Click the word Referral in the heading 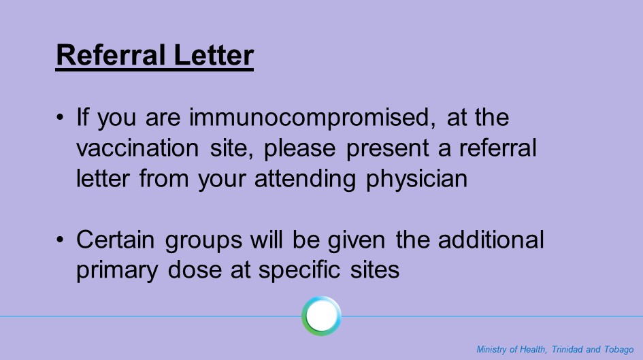(x=111, y=55)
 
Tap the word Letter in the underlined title (x=214, y=55)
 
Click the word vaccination (x=137, y=148)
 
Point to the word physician (x=416, y=180)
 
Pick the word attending (x=305, y=180)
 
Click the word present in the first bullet (x=387, y=149)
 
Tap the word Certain (x=115, y=240)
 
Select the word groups (x=203, y=241)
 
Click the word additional (x=491, y=240)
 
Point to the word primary (x=117, y=271)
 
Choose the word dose (x=195, y=269)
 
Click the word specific (x=299, y=271)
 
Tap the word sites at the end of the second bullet (x=374, y=270)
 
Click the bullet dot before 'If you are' (x=61, y=117)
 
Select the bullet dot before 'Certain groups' (x=61, y=240)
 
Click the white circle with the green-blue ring (x=321, y=316)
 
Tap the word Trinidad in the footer (x=567, y=349)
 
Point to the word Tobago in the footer (x=619, y=350)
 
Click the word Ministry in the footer (x=491, y=350)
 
